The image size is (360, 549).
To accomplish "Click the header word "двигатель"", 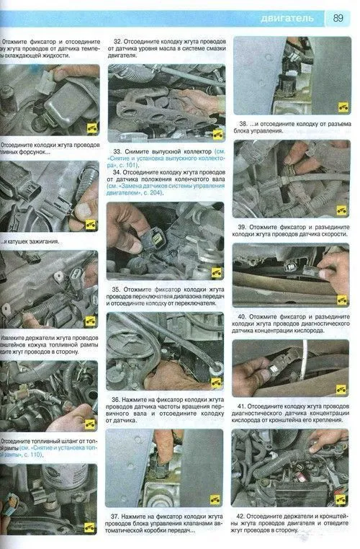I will click(x=287, y=17).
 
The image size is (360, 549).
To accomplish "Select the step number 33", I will click(x=119, y=152).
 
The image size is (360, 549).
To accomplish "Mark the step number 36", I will click(x=117, y=399).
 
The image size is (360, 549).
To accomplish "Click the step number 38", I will click(x=246, y=123).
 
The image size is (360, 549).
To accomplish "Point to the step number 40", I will click(x=243, y=316).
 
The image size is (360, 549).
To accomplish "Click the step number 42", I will click(x=243, y=517).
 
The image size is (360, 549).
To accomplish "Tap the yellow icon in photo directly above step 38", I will click(x=342, y=106).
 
